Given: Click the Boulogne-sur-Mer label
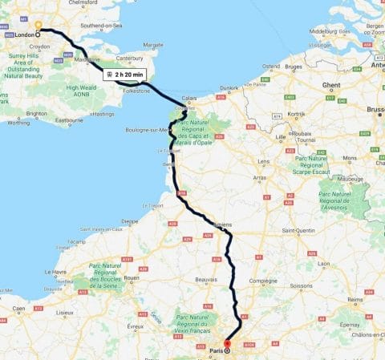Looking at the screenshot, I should (x=148, y=130).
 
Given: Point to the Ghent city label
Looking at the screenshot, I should (x=331, y=83).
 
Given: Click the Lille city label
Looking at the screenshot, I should (x=279, y=136).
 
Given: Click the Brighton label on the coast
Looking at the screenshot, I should (x=37, y=114).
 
